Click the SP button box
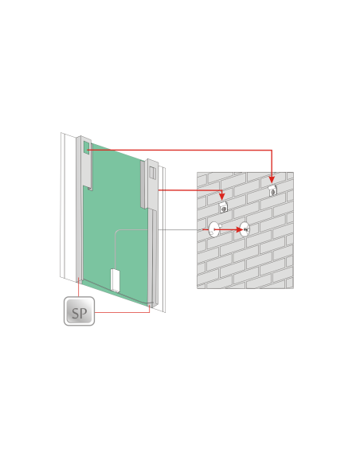[x=79, y=311]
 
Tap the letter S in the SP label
[x=76, y=314]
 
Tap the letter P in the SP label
[x=84, y=314]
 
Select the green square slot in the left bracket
[x=87, y=147]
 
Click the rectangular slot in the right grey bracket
[x=152, y=173]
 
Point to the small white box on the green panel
[x=115, y=280]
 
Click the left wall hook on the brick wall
[x=223, y=207]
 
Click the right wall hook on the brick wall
[x=273, y=190]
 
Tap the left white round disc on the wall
[x=213, y=229]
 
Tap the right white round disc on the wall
[x=245, y=229]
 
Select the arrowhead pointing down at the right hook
[x=272, y=180]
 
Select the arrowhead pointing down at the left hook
[x=221, y=197]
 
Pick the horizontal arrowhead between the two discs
[x=239, y=229]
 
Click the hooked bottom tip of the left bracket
[x=90, y=188]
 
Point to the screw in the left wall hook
[x=224, y=209]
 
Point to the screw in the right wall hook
[x=273, y=193]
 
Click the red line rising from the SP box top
[x=79, y=287]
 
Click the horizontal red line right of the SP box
[x=122, y=312]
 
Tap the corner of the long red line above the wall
[x=272, y=150]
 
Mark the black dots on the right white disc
[x=245, y=229]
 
